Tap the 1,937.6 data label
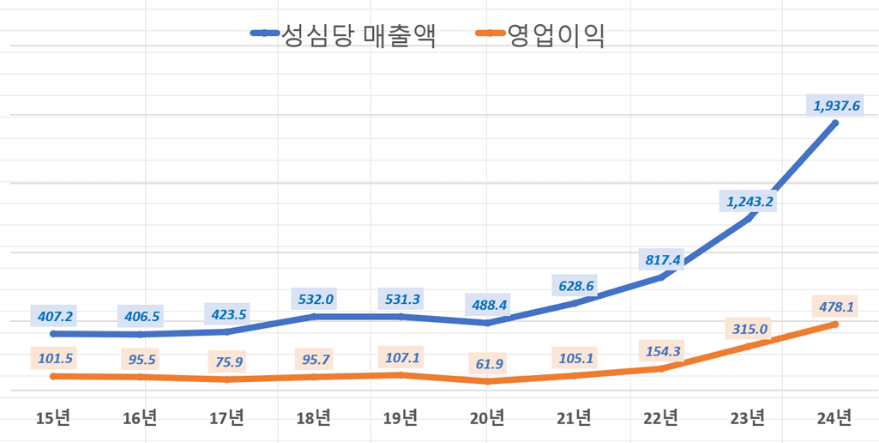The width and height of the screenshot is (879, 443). tap(834, 106)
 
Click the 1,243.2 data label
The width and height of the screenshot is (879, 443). tap(748, 202)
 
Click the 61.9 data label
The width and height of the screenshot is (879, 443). tap(489, 364)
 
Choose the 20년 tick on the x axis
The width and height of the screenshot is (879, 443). tap(488, 418)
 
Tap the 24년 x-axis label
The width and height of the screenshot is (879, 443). tap(834, 418)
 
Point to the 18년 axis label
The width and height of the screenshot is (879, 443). tap(314, 418)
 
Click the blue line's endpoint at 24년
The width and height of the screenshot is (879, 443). tap(835, 124)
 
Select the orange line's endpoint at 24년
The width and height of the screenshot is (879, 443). tap(835, 324)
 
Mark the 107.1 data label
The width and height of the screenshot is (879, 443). tap(401, 357)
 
